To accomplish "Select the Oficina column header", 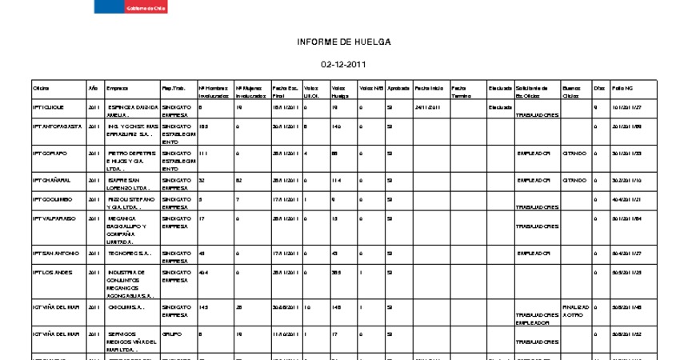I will [x=41, y=87].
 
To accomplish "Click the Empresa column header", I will [x=117, y=87].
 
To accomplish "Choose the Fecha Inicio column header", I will [x=429, y=87].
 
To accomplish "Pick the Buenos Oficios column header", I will [x=572, y=91].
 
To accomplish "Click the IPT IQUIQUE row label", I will [x=48, y=106].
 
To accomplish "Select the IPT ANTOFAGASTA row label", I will [x=55, y=126].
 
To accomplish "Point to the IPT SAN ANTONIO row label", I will [x=55, y=254].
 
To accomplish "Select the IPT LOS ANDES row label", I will [x=52, y=273].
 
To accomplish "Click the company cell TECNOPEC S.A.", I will [x=129, y=254].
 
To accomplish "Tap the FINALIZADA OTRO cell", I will [x=576, y=310].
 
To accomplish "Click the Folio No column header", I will [x=622, y=87].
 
